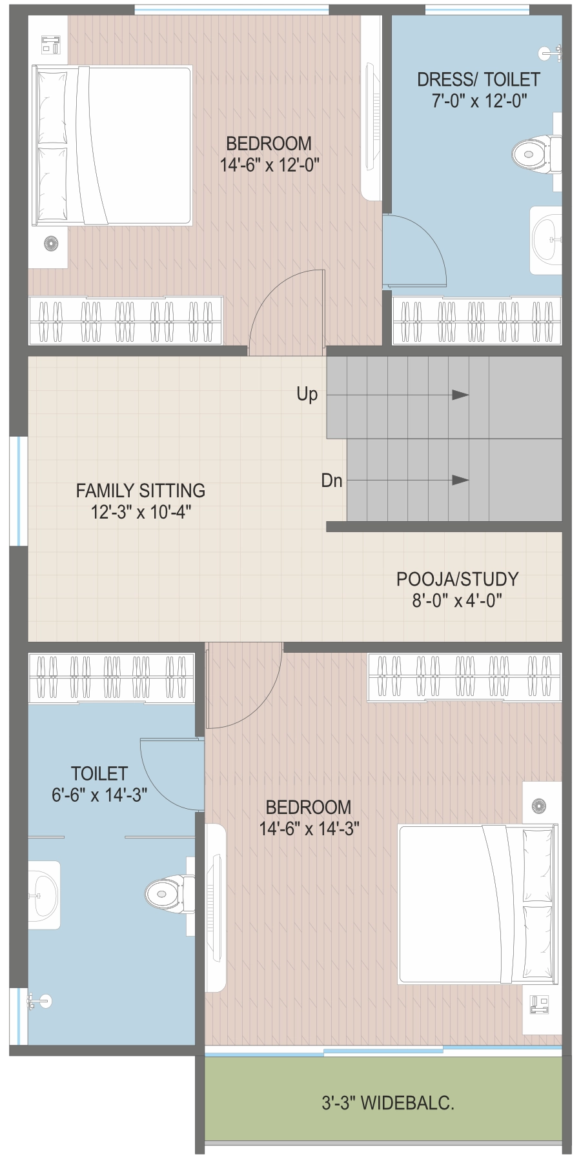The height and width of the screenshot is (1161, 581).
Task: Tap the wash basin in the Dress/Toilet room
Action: (x=545, y=240)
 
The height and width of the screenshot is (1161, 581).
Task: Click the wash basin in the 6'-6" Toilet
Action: (x=44, y=895)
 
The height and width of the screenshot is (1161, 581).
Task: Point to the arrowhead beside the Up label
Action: (x=460, y=395)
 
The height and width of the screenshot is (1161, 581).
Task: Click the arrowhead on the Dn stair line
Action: (x=460, y=480)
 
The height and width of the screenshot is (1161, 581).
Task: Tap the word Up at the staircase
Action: (x=307, y=394)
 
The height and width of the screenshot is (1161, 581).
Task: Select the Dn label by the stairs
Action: (x=332, y=481)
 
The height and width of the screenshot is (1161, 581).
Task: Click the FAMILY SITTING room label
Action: (x=141, y=491)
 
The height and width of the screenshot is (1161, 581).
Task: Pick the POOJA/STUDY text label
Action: (x=458, y=579)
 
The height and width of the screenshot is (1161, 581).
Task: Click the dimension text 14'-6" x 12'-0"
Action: (x=270, y=165)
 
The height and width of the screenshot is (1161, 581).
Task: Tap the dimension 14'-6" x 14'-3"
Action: (x=309, y=829)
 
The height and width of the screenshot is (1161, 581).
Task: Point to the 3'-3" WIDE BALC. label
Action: (x=388, y=1103)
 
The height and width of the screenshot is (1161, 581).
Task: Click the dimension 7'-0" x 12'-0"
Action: (x=480, y=101)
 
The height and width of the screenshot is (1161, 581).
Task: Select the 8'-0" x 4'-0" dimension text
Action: (x=458, y=600)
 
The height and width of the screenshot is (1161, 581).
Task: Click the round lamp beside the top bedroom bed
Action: (x=51, y=243)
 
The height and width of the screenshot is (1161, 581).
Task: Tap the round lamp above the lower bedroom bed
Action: (x=538, y=805)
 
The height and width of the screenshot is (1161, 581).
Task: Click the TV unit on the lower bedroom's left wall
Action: (x=216, y=908)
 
